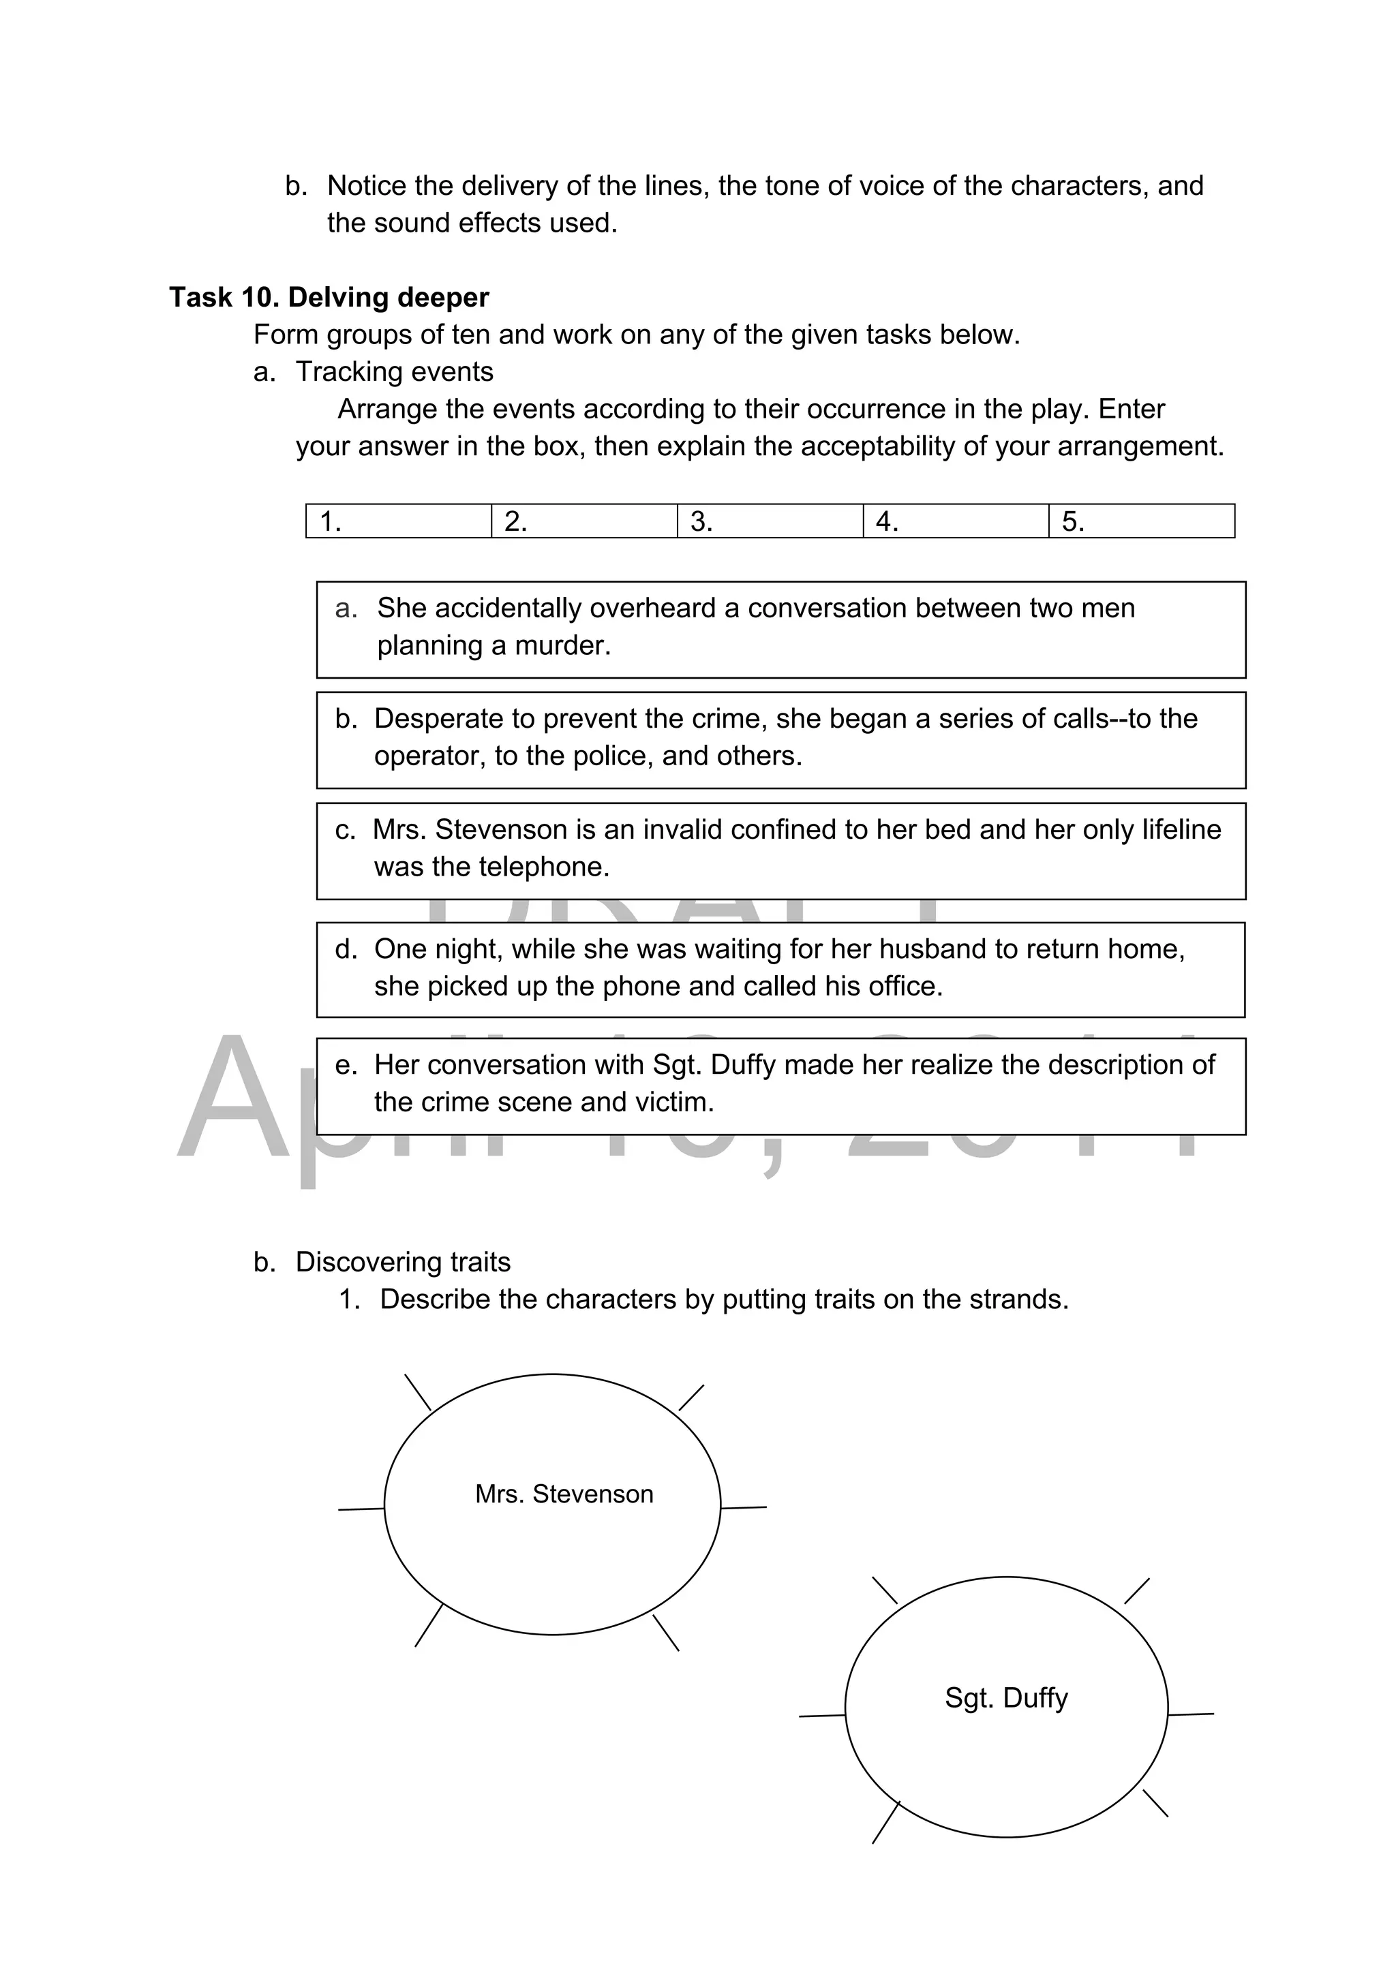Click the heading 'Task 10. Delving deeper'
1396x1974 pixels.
tap(329, 298)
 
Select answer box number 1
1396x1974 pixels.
tap(398, 521)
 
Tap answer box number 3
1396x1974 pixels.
tap(770, 521)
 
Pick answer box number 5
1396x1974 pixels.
tap(1141, 521)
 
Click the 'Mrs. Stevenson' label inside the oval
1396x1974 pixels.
tap(564, 1494)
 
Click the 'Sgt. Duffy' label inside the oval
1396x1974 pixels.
tap(1006, 1697)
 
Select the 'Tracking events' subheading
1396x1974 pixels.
tap(394, 371)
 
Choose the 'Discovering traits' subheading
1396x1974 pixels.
tap(403, 1261)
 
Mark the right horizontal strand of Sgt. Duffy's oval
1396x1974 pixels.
tap(1192, 1714)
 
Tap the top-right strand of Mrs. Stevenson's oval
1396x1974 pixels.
tap(692, 1397)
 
